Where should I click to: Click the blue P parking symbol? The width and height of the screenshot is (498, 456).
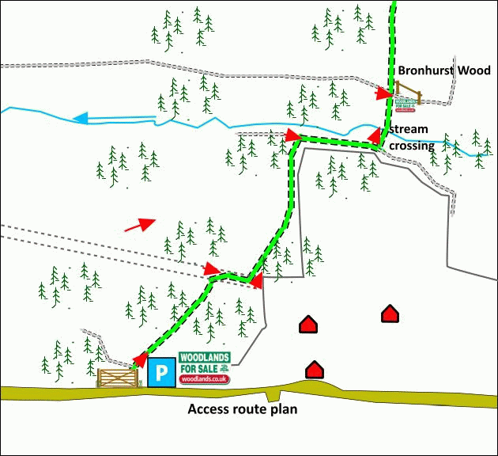[x=161, y=373]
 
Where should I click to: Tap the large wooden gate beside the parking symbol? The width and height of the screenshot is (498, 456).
[x=117, y=377]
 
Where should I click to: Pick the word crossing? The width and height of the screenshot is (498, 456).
[x=411, y=146]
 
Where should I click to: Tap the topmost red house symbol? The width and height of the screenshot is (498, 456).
[x=389, y=313]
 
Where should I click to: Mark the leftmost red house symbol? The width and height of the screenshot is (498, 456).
[x=307, y=324]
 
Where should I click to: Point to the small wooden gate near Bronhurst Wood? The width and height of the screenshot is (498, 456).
[x=409, y=93]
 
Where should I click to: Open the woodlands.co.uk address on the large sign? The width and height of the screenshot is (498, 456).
[x=204, y=379]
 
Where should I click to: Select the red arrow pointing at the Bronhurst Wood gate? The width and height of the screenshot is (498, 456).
[x=384, y=94]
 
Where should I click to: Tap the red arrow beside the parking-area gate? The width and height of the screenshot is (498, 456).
[x=138, y=360]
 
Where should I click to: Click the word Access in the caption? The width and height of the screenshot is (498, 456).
[x=210, y=409]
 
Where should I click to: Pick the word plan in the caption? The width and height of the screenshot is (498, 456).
[x=281, y=409]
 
